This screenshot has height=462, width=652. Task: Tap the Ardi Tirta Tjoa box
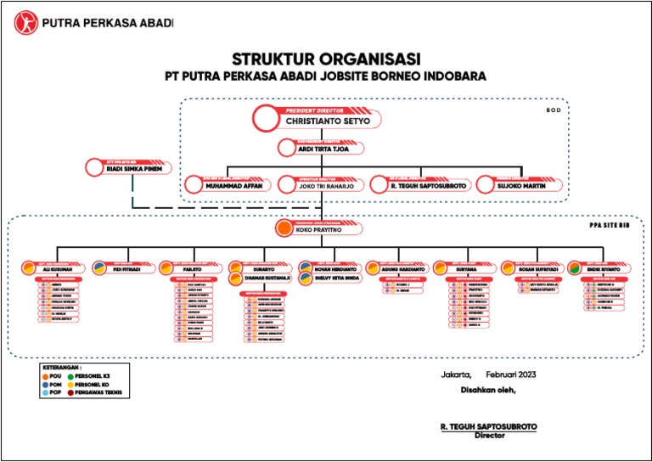(x=321, y=149)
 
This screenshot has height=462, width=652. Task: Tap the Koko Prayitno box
(x=319, y=228)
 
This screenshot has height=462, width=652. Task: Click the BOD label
(x=553, y=110)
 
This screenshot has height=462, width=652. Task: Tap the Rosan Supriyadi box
(x=533, y=269)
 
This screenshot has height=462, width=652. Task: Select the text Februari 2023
(x=511, y=375)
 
